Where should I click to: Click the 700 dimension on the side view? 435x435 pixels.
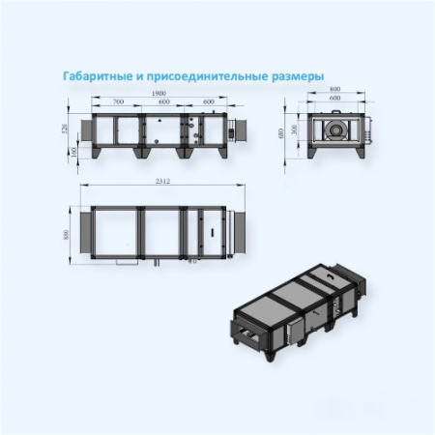tap(119, 101)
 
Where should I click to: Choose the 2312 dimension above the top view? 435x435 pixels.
tap(161, 183)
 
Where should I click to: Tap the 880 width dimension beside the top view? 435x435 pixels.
tap(65, 234)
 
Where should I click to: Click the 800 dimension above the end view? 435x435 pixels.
tap(334, 90)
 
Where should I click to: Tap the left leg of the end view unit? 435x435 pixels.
tap(312, 152)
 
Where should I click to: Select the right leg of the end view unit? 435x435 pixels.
tap(357, 152)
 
